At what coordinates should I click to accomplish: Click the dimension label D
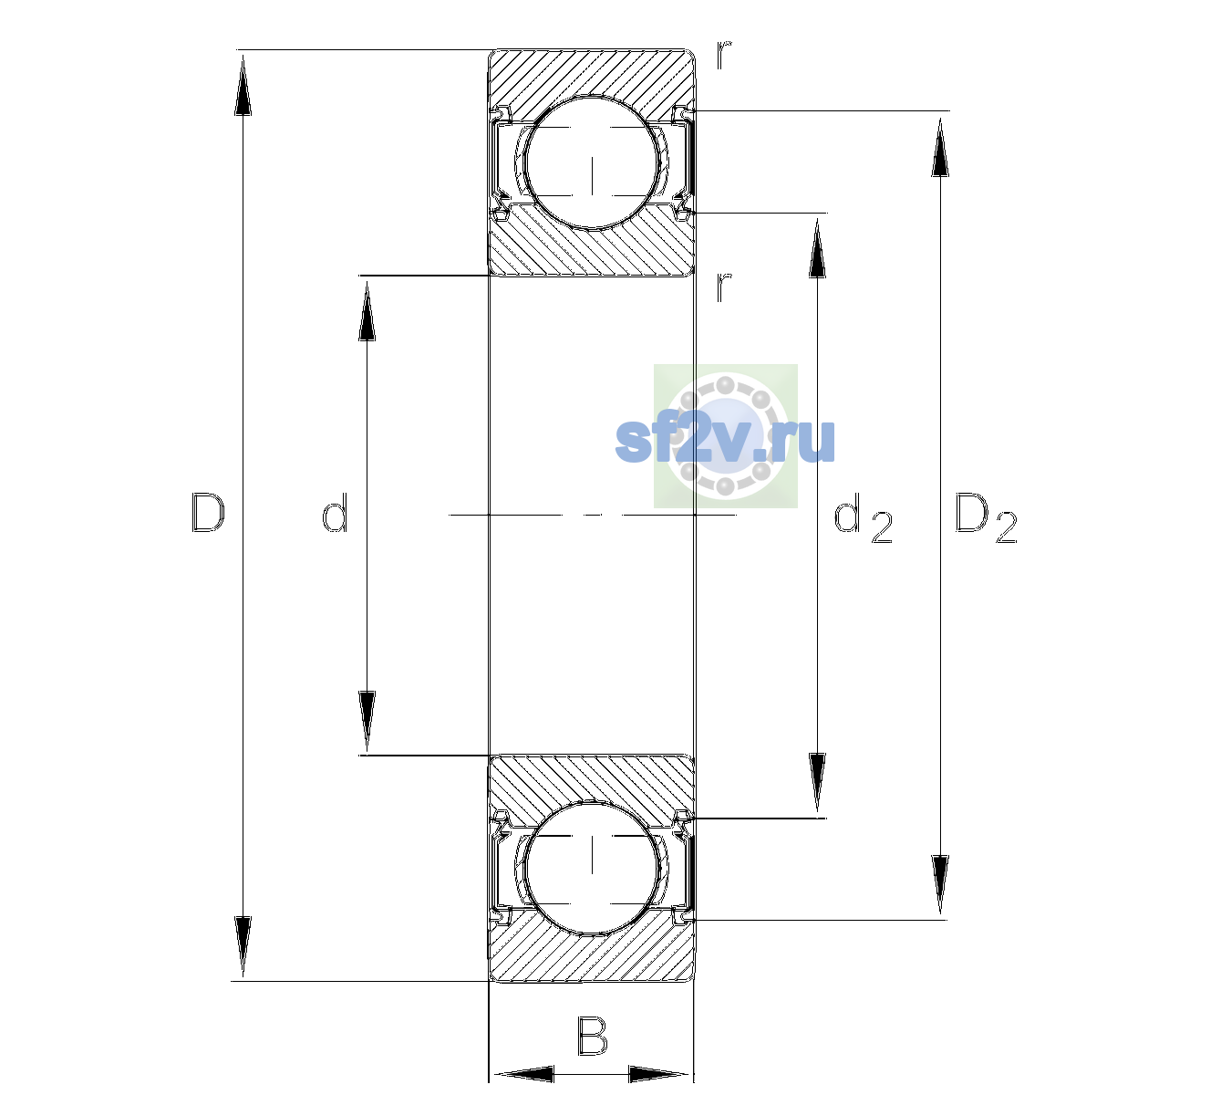pyautogui.click(x=208, y=513)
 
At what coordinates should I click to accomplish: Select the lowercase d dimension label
pyautogui.click(x=335, y=512)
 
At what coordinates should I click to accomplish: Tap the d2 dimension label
pyautogui.click(x=863, y=517)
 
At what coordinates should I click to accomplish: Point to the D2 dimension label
pyautogui.click(x=986, y=517)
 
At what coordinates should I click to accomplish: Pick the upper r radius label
pyautogui.click(x=724, y=56)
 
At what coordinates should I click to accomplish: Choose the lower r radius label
pyautogui.click(x=724, y=287)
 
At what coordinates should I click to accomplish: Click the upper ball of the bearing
pyautogui.click(x=592, y=162)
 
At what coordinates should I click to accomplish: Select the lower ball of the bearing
pyautogui.click(x=592, y=867)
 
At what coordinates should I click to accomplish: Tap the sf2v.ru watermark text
pyautogui.click(x=725, y=440)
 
